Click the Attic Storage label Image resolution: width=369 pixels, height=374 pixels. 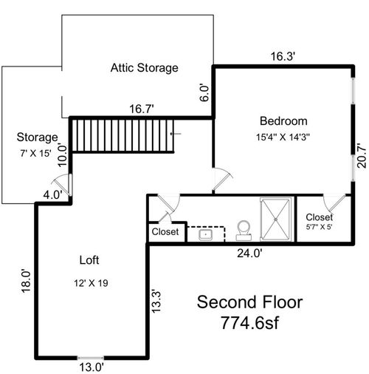[x=145, y=69]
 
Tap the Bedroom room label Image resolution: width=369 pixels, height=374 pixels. [x=283, y=120]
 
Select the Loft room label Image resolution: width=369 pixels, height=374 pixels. [x=89, y=260]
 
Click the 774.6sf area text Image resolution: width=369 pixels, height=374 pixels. [x=250, y=323]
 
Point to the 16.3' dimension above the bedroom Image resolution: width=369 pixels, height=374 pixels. [x=281, y=55]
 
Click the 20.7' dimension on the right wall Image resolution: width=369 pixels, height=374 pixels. [x=361, y=156]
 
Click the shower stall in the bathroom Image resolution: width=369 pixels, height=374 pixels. [x=277, y=219]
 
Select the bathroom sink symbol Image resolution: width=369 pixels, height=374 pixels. [x=205, y=235]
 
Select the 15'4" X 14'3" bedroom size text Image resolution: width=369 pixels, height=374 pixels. [x=283, y=137]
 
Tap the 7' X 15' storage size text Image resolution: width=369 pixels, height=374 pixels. [x=36, y=152]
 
